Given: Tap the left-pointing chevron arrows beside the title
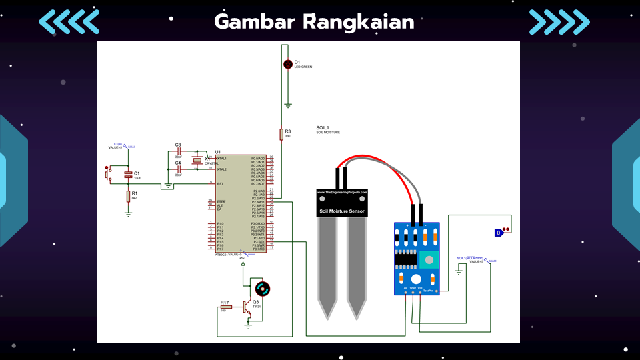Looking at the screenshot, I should (69, 21).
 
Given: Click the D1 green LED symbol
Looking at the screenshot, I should (288, 64).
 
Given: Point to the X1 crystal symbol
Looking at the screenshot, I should (197, 161).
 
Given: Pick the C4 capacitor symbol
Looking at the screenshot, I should (178, 169).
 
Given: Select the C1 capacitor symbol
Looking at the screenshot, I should (128, 175).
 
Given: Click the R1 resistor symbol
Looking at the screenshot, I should (128, 196).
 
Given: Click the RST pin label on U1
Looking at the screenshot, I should (219, 183).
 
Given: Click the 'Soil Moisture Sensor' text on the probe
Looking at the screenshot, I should (342, 211).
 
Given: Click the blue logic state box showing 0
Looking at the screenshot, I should (498, 233).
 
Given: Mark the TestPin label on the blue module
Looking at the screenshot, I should (430, 291).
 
